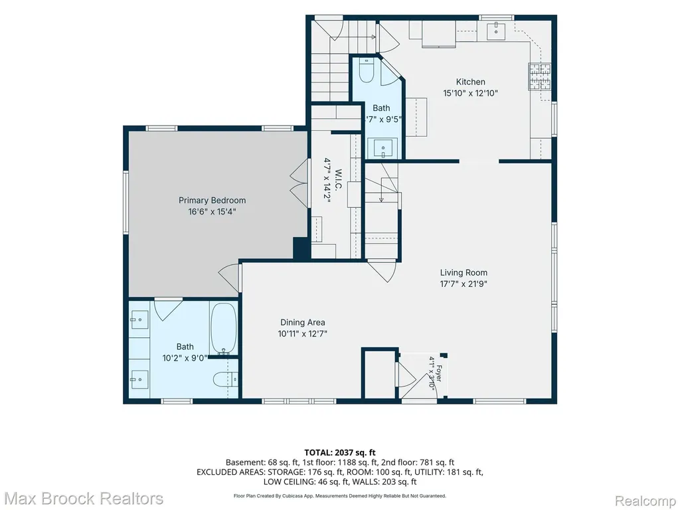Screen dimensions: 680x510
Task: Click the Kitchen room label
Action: tap(471, 82)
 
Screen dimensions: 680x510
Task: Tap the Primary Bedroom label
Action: tap(212, 201)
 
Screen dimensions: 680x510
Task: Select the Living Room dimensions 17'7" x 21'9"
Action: tap(464, 284)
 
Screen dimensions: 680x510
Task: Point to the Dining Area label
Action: tap(302, 322)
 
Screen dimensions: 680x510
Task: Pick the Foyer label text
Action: tap(439, 373)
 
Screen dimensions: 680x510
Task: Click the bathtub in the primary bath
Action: tap(223, 328)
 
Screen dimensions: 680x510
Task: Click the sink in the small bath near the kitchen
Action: tap(383, 149)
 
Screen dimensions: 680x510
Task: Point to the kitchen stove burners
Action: tap(539, 77)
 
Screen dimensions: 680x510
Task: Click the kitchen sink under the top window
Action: tap(495, 31)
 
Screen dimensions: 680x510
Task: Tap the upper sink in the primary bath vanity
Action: tap(139, 320)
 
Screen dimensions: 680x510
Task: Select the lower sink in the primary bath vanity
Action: tap(139, 379)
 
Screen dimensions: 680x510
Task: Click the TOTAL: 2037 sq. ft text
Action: tap(340, 453)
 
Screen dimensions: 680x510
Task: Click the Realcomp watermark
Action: tap(645, 501)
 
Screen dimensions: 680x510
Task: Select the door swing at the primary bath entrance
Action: tap(168, 309)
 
